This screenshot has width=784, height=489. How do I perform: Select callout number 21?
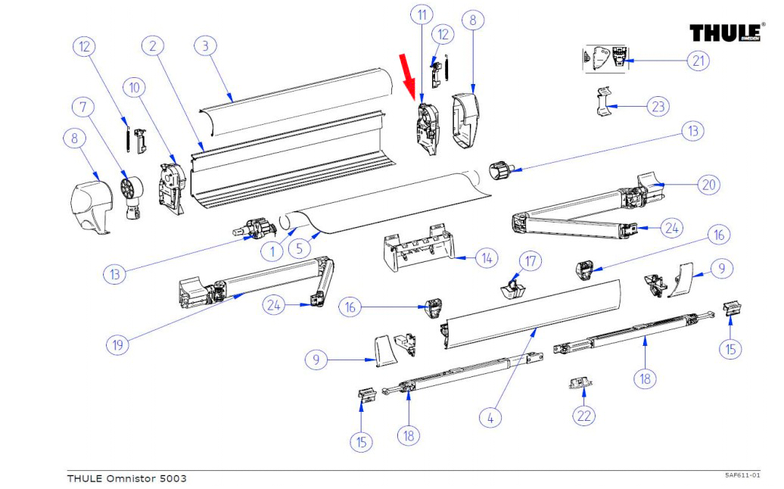tap(697, 61)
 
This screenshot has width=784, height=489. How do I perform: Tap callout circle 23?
tap(658, 107)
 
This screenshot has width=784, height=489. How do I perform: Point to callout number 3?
tap(204, 46)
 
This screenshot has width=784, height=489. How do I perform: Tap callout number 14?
tap(485, 259)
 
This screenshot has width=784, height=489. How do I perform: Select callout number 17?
tap(530, 262)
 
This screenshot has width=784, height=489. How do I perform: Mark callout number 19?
tap(117, 344)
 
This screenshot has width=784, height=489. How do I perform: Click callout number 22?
tap(583, 416)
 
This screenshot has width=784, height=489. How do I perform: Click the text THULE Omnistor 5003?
tap(126, 478)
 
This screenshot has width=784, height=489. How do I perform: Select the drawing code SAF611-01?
tap(742, 475)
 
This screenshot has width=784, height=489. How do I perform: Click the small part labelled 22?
tap(581, 383)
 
